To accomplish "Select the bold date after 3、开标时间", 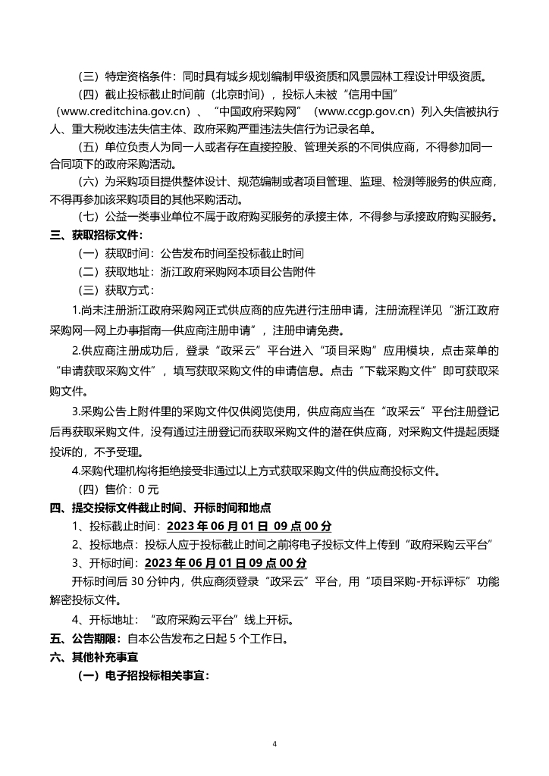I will (x=225, y=564).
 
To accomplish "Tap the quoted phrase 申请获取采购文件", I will (x=111, y=371).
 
